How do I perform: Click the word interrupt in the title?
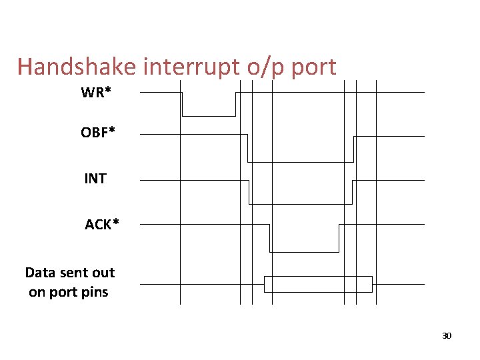175,67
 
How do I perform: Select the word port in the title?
312,67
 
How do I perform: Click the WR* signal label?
96,93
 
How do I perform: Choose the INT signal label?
95,179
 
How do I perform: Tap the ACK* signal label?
102,225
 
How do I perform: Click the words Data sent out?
69,272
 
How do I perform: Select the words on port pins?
68,292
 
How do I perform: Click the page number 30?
447,335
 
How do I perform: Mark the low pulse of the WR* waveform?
209,115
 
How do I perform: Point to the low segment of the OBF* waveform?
300,161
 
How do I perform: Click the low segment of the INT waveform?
300,203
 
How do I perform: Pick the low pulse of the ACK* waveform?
304,252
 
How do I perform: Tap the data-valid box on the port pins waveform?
318,284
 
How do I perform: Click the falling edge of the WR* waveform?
182,104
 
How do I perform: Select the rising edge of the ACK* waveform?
339,238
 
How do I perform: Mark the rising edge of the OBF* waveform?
353,149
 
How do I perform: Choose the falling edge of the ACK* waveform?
269,238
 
